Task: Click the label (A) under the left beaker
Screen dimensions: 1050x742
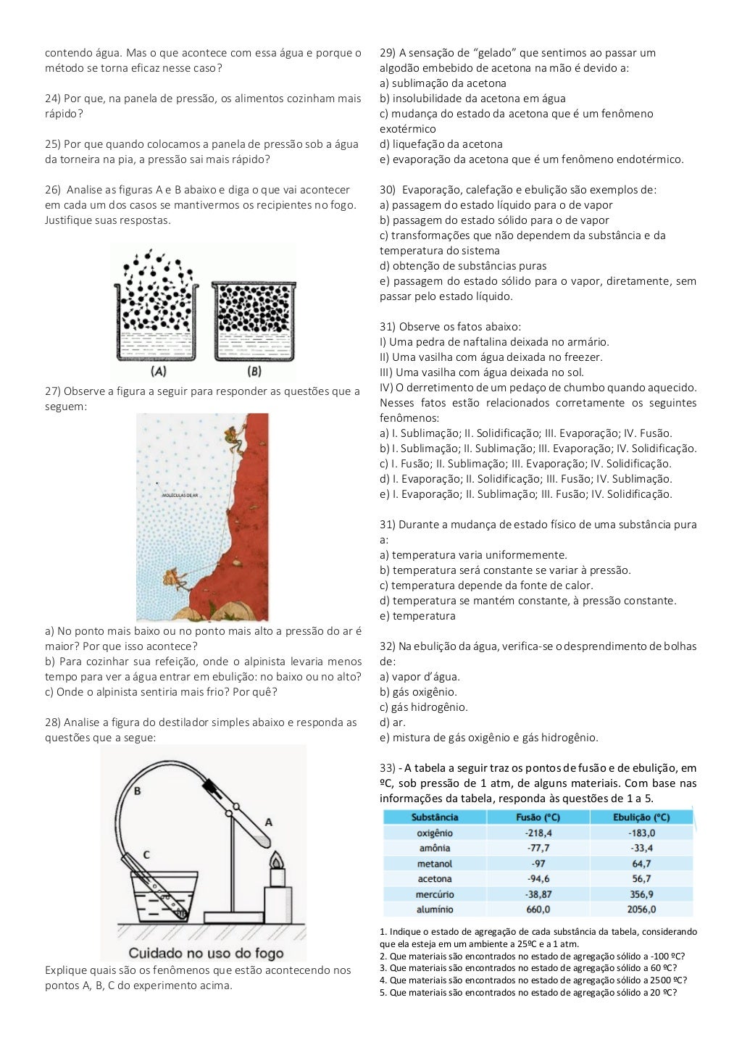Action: point(159,371)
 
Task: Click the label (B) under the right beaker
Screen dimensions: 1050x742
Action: point(254,371)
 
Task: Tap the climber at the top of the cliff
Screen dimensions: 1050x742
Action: point(233,437)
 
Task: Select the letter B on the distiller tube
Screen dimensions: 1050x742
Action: point(137,791)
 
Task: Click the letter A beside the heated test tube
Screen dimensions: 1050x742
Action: point(268,822)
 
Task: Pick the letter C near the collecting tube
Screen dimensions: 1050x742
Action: point(146,854)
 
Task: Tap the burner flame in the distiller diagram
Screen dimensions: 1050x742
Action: point(276,860)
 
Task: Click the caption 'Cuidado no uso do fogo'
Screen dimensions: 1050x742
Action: point(206,953)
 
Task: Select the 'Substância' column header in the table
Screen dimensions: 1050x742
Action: point(435,817)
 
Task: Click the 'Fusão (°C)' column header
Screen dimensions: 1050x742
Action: point(538,817)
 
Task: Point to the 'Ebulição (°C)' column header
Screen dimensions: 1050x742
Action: point(641,817)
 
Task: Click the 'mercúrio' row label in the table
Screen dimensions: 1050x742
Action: point(435,894)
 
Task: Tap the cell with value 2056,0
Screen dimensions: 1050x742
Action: point(641,909)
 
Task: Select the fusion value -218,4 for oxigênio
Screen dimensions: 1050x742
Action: point(538,833)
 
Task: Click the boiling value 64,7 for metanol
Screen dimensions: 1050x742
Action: point(641,864)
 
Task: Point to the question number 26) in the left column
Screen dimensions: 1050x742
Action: point(53,190)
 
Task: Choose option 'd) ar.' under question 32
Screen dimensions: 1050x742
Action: point(393,722)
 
